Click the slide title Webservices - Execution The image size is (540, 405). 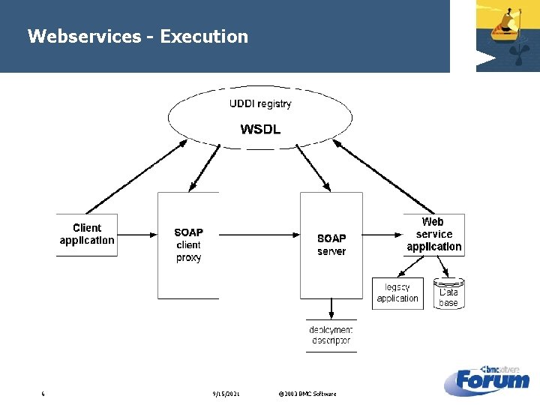point(137,36)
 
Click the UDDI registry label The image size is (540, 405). point(260,103)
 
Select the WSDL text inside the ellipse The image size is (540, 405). point(260,129)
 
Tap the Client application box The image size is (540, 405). point(87,235)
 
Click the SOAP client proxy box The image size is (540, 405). point(188,245)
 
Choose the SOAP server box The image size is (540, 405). point(331,245)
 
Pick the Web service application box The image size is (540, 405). point(433,234)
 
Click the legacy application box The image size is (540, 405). point(397,293)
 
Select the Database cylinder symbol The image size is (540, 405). point(448,293)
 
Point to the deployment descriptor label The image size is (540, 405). point(331,335)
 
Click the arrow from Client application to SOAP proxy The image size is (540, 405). point(137,235)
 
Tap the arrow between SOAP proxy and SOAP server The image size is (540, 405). point(259,235)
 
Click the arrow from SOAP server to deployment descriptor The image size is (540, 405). point(331,308)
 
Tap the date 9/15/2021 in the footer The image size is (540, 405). point(226,394)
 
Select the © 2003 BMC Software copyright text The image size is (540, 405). point(307,394)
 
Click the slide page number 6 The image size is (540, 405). point(43,394)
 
